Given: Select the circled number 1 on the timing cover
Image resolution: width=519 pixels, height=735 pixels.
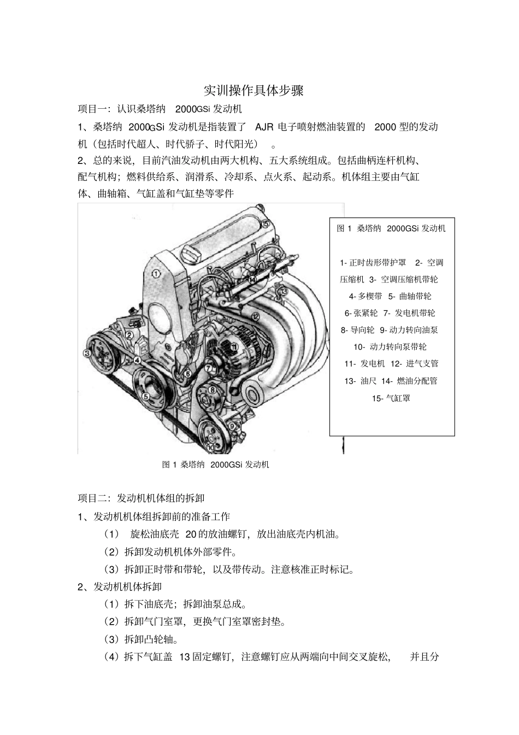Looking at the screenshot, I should point(156,274).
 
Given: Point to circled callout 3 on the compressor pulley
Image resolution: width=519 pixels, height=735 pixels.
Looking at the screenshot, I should point(87,352).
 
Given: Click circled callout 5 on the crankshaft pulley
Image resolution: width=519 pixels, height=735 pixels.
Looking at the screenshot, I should point(146,397).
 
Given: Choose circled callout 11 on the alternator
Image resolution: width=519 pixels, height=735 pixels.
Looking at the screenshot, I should point(234,346).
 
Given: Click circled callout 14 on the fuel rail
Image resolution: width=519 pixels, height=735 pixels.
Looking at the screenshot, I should point(252,279).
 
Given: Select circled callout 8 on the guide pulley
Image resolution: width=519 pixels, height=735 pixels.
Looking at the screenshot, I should point(213,390).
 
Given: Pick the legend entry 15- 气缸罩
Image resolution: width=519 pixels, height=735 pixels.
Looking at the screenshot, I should point(391,398).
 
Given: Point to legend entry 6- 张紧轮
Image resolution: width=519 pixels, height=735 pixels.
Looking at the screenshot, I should point(361,313).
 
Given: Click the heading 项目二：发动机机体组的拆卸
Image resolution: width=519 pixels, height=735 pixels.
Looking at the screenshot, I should point(141,498).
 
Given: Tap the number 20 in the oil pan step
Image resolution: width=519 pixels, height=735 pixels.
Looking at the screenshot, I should point(191,534).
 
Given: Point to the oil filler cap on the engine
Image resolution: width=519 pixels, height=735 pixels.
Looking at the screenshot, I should point(188,254).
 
